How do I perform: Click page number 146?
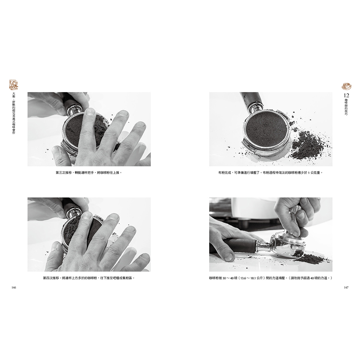[14, 288]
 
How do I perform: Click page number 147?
[346, 287]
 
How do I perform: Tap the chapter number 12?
[346, 95]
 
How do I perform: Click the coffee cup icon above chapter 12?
[346, 86]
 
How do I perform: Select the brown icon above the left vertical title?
[14, 85]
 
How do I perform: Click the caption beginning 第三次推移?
[89, 172]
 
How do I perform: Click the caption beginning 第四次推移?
[89, 278]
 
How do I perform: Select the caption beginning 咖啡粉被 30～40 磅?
[271, 278]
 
